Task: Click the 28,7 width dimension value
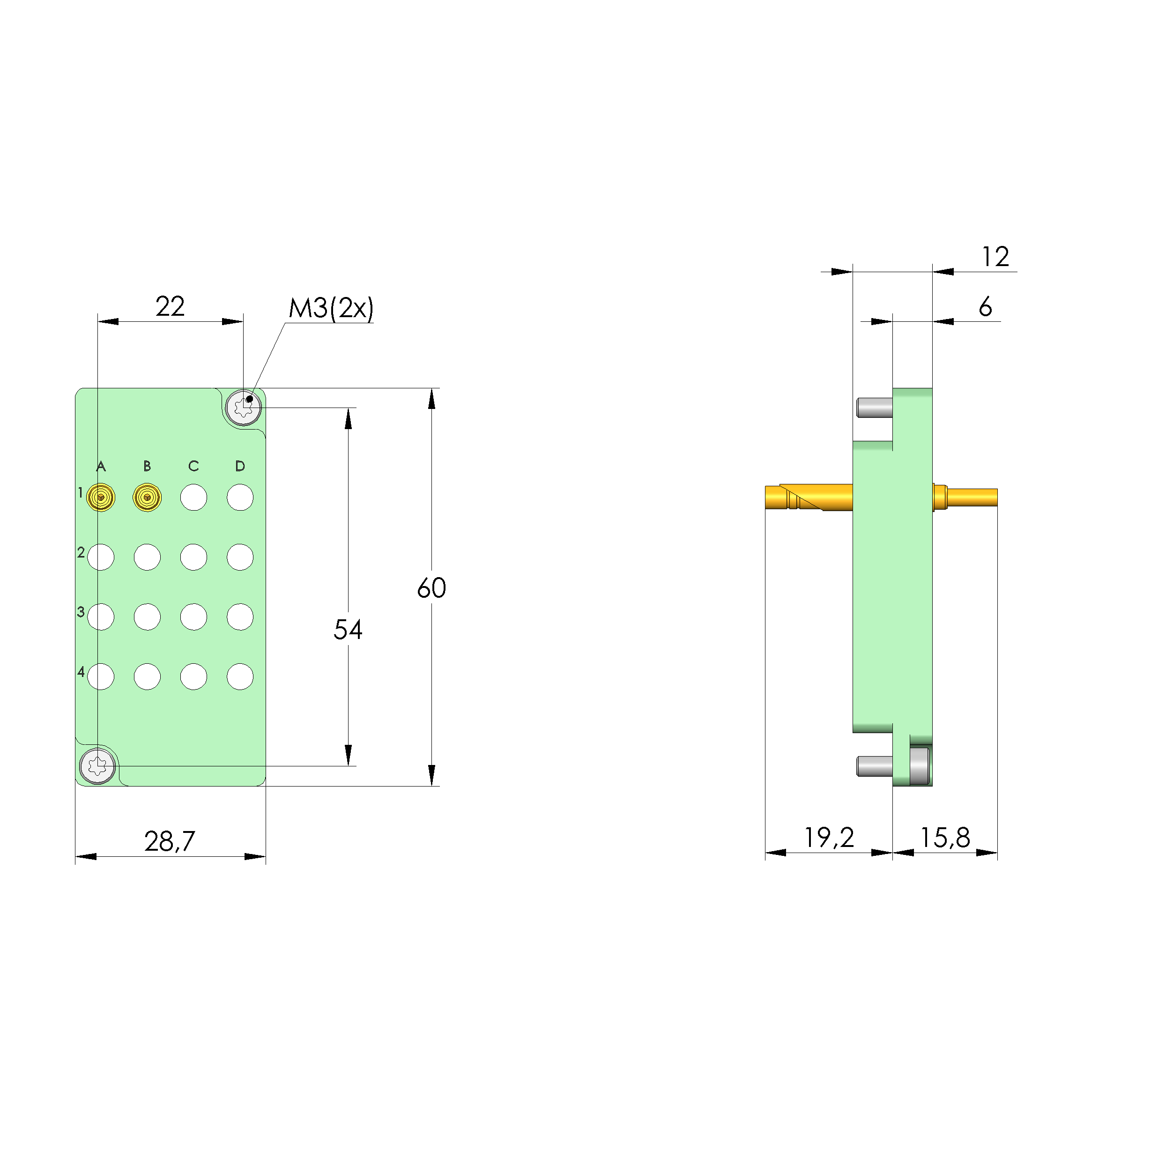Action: (x=170, y=841)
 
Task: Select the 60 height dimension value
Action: (x=432, y=588)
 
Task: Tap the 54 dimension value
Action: (x=348, y=630)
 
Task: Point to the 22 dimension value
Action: (x=170, y=306)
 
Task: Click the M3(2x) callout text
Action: (x=331, y=308)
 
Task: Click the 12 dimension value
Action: (x=996, y=257)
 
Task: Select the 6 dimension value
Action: (x=986, y=307)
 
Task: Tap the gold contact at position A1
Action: (x=101, y=498)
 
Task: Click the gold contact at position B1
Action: (x=147, y=498)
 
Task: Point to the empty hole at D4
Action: (x=240, y=676)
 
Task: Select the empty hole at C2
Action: (x=193, y=557)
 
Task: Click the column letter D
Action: (x=240, y=466)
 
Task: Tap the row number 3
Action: (x=81, y=611)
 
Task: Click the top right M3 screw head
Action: (x=244, y=408)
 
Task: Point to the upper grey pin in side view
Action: (x=874, y=408)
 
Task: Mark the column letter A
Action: (x=101, y=466)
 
